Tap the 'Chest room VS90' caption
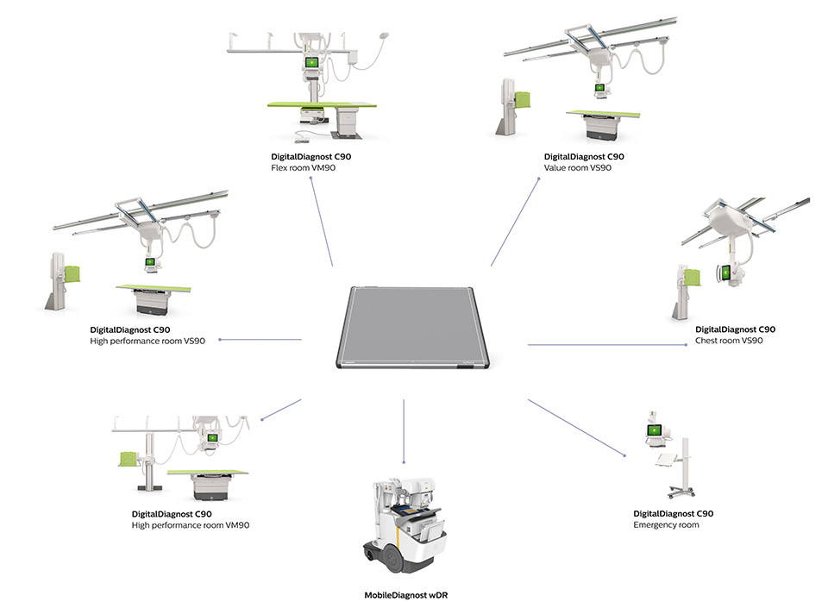click(x=729, y=341)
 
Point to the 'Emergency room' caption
click(x=666, y=524)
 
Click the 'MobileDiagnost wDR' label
click(x=405, y=595)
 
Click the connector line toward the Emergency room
click(x=576, y=427)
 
